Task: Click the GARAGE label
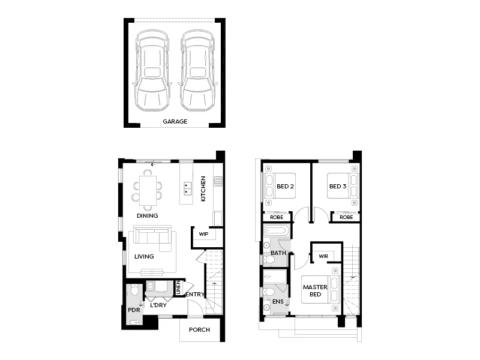[175, 121]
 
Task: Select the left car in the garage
[151, 71]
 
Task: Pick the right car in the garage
[197, 71]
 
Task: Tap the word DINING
[147, 216]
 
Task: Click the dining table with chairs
[147, 188]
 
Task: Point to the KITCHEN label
[204, 188]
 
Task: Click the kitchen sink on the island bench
[188, 188]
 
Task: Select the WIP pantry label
[203, 235]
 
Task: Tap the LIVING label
[144, 257]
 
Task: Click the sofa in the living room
[152, 236]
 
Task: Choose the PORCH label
[199, 330]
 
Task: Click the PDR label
[133, 310]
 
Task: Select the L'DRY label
[158, 305]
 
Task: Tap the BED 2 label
[285, 187]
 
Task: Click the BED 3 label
[338, 187]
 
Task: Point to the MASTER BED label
[314, 291]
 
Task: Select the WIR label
[323, 256]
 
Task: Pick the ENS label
[277, 302]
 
